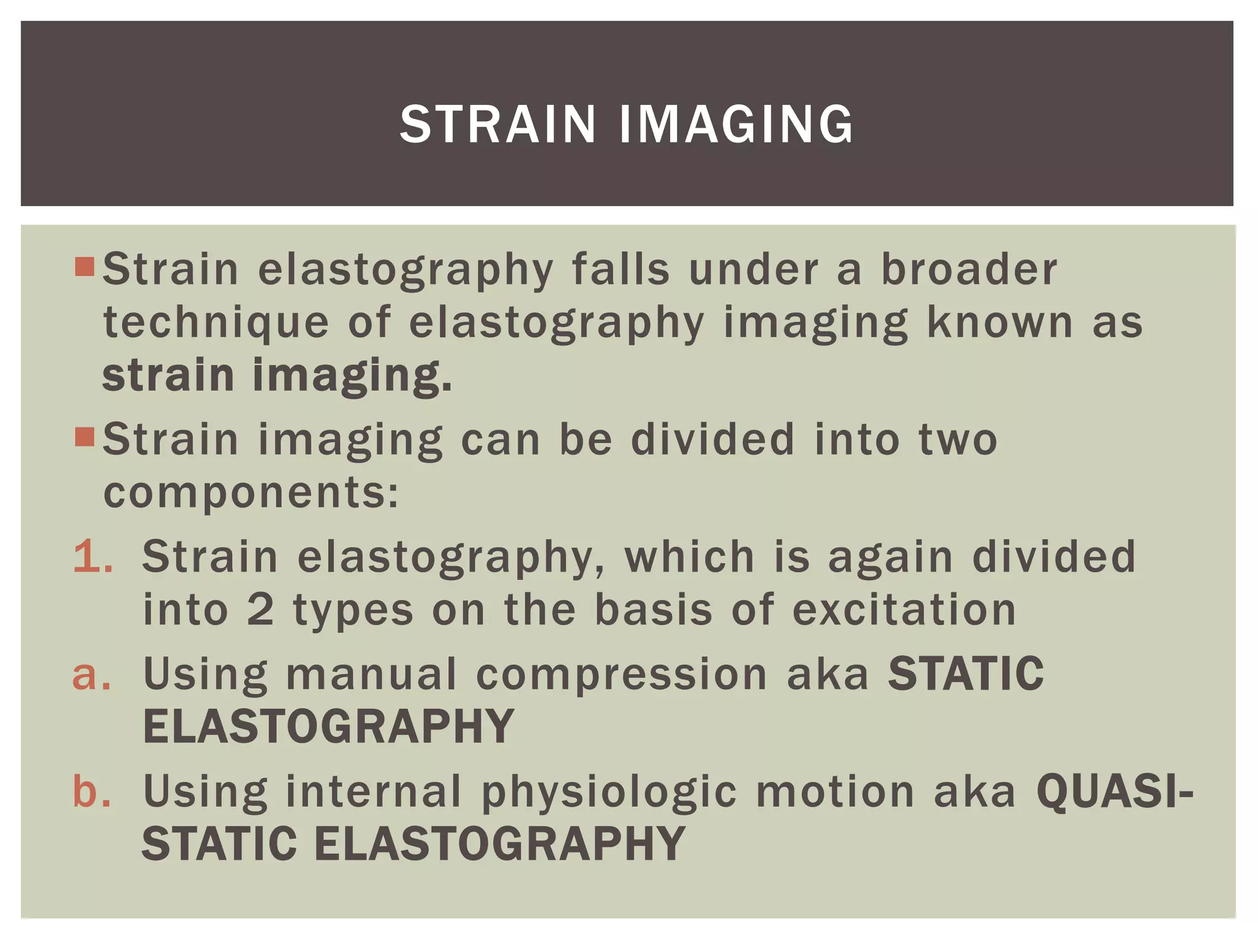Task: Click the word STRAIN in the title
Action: (x=498, y=124)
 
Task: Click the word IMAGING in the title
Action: (x=736, y=124)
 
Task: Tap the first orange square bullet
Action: (x=84, y=267)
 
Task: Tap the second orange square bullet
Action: (x=84, y=437)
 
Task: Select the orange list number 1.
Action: (x=92, y=556)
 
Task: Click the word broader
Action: (x=969, y=270)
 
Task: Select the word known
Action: (x=999, y=322)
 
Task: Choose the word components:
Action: (x=251, y=492)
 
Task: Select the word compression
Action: (x=622, y=674)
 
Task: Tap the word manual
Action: (x=371, y=674)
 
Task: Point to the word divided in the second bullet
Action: (x=713, y=440)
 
